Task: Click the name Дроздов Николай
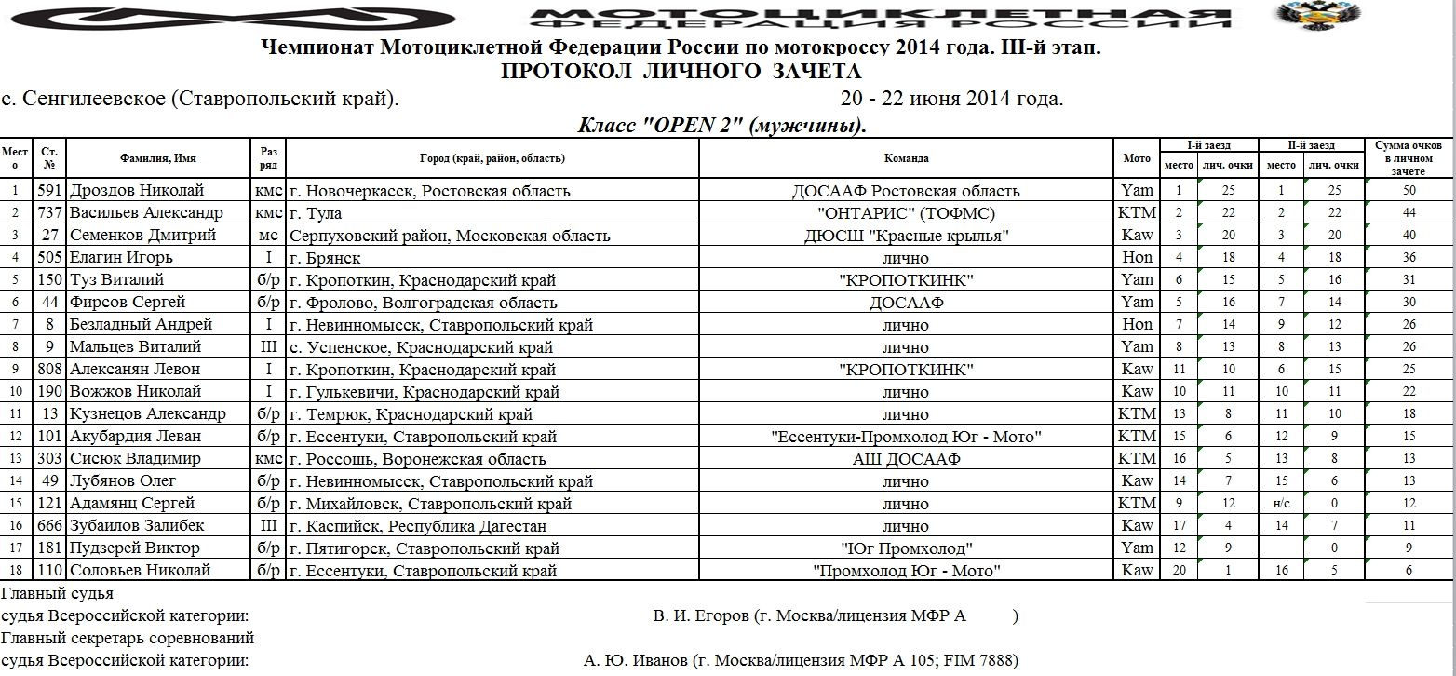pyautogui.click(x=137, y=191)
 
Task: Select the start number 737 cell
pyautogui.click(x=49, y=213)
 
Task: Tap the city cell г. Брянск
pyautogui.click(x=325, y=258)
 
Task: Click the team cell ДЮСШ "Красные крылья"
pyautogui.click(x=906, y=236)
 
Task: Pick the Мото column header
pyautogui.click(x=1137, y=158)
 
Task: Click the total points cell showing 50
pyautogui.click(x=1409, y=191)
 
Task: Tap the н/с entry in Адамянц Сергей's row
pyautogui.click(x=1281, y=504)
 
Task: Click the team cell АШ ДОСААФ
pyautogui.click(x=906, y=459)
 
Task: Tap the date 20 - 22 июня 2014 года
pyautogui.click(x=951, y=99)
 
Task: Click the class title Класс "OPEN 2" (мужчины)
pyautogui.click(x=722, y=126)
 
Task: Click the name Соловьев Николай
pyautogui.click(x=141, y=571)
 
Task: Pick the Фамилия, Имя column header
pyautogui.click(x=157, y=158)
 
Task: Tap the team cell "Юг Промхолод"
pyautogui.click(x=906, y=548)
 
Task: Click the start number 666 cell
pyautogui.click(x=49, y=526)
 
